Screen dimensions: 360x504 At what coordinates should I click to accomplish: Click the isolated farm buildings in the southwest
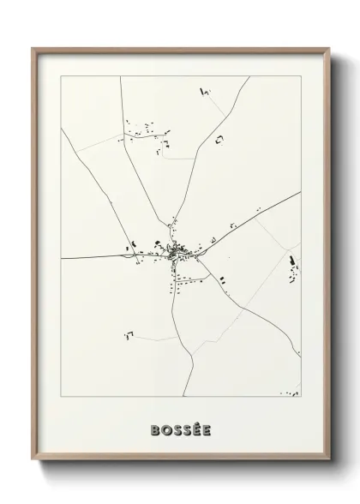(130, 331)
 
